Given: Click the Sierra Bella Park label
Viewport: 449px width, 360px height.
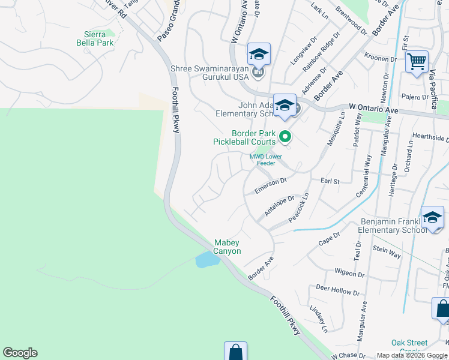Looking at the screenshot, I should coord(95,38).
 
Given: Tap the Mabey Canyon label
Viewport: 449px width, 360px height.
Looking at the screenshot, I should coord(228,247).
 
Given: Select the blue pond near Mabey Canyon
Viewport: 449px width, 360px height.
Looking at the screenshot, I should coord(206,260).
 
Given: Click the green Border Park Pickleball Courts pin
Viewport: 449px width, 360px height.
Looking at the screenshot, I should coord(285,137).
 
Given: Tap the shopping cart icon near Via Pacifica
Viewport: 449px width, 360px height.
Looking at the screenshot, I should coord(416,61).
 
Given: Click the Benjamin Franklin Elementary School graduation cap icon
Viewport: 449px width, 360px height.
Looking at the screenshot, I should coord(432,217).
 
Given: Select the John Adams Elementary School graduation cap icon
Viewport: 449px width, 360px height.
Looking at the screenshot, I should coord(285,106).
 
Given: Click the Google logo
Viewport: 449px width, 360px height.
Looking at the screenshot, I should coord(20,353).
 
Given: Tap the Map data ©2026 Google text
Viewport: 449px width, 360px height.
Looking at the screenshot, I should coord(411,355).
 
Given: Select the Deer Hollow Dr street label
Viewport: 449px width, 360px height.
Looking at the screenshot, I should coord(337,290).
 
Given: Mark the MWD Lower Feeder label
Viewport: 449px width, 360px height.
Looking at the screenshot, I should coord(265,160).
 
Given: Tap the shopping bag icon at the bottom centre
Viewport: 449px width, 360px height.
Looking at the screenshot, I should coord(235,352).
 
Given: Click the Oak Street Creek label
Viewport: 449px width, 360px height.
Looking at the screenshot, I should coord(409,347).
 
